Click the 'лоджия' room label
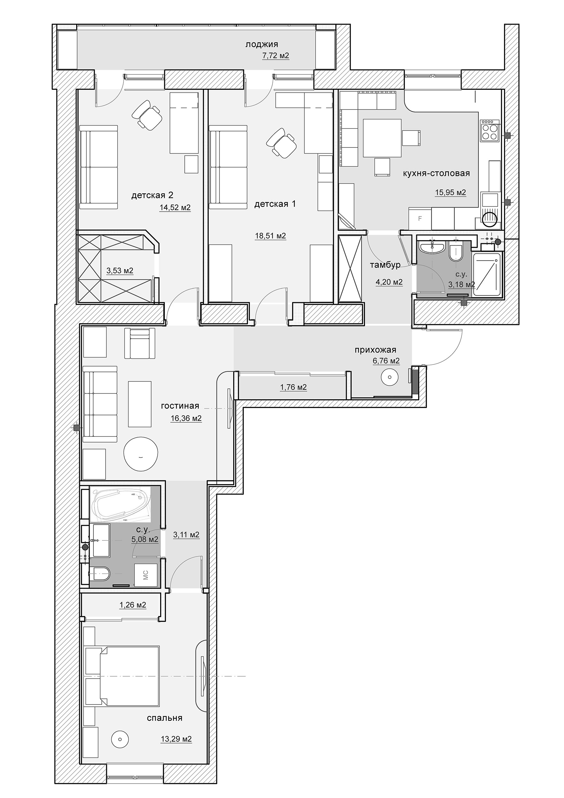(x=262, y=44)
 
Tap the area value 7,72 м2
(x=276, y=56)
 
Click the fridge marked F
(x=420, y=219)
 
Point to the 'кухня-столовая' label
(x=436, y=173)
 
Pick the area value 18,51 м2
(x=271, y=236)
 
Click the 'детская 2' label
(x=152, y=195)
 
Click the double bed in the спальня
(x=122, y=676)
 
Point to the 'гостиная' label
(x=180, y=406)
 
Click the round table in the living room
(x=141, y=454)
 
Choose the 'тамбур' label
(x=385, y=265)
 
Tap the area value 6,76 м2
(x=386, y=361)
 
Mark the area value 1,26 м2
(x=133, y=605)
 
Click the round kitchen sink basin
(x=490, y=218)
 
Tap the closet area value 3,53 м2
(x=120, y=270)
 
